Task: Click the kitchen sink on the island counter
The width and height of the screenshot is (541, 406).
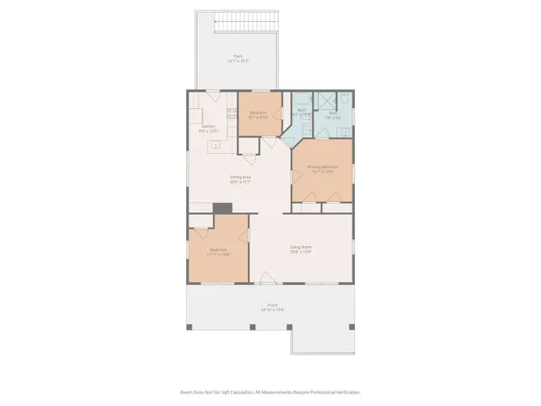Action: pyautogui.click(x=215, y=146)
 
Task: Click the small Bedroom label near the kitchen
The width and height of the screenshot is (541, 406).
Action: pyautogui.click(x=259, y=114)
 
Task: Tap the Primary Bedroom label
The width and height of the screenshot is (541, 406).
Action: pyautogui.click(x=322, y=168)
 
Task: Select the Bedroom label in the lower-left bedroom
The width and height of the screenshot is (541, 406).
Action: pyautogui.click(x=218, y=251)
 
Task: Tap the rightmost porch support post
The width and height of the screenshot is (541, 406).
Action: pyautogui.click(x=352, y=326)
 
